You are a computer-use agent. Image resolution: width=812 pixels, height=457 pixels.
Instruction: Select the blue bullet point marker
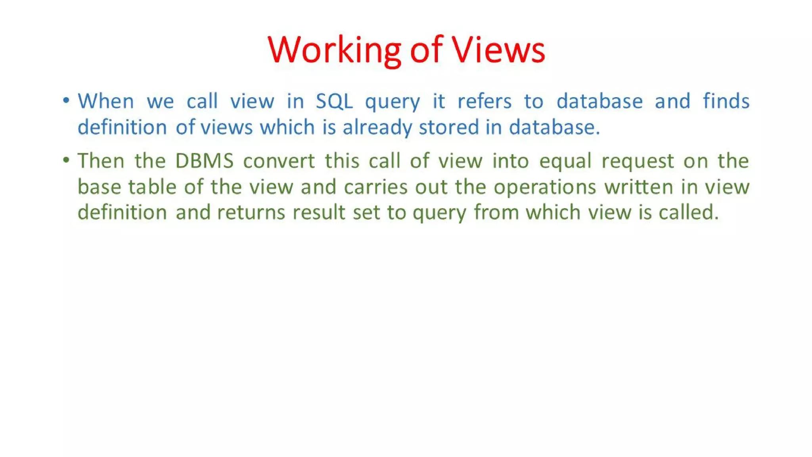(x=66, y=100)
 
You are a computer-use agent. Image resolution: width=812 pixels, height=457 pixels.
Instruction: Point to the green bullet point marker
(x=66, y=160)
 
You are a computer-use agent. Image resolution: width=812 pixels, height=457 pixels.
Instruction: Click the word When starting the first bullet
(x=106, y=101)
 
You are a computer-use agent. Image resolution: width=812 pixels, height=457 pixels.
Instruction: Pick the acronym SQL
(x=334, y=101)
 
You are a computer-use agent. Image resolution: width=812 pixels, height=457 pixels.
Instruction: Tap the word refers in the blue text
(x=485, y=101)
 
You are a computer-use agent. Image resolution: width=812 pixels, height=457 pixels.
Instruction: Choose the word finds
(x=726, y=101)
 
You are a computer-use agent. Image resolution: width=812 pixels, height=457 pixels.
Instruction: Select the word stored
(x=449, y=128)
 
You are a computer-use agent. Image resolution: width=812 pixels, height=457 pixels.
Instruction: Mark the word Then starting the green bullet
(x=101, y=161)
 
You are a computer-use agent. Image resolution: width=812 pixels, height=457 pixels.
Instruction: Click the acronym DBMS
(x=204, y=161)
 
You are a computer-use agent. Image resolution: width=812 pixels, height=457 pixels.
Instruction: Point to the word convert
(x=279, y=161)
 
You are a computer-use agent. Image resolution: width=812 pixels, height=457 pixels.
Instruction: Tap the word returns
(x=251, y=213)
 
